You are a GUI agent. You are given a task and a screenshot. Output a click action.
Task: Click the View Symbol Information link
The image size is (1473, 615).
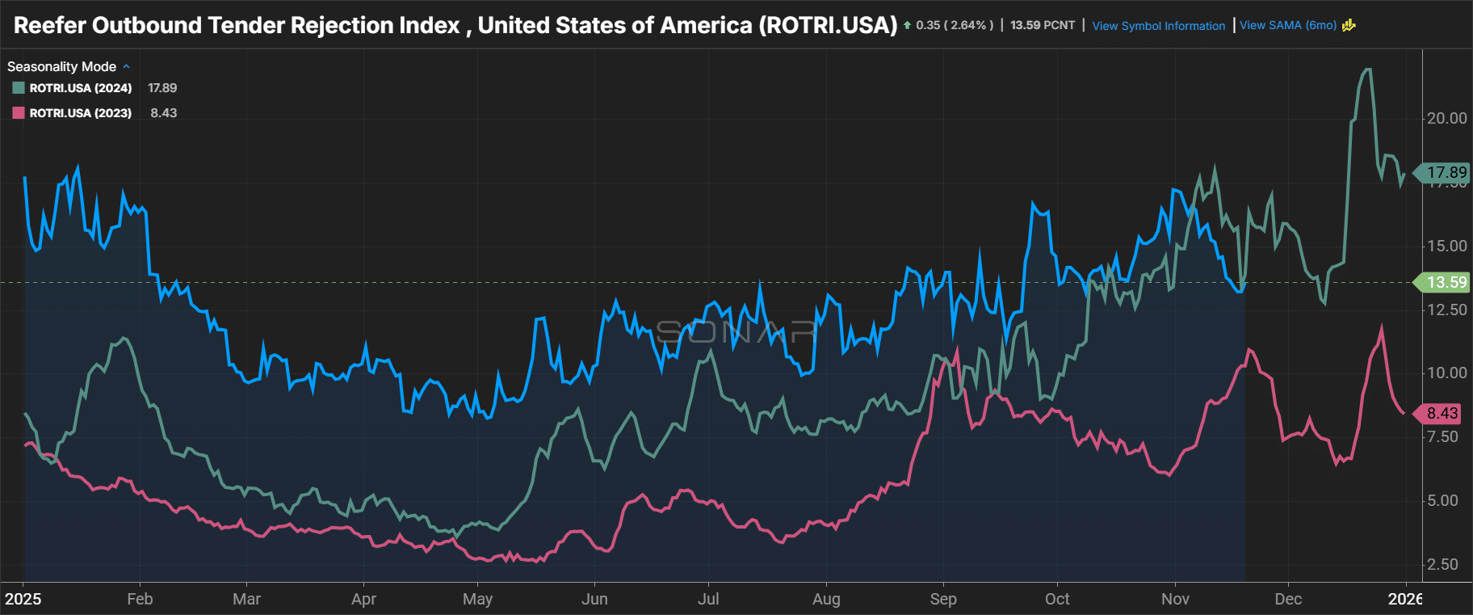click(x=1158, y=26)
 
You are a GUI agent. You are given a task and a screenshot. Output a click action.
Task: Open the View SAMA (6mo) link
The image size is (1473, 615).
click(x=1288, y=25)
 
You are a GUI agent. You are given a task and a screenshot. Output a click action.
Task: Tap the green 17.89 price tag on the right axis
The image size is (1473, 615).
click(x=1445, y=172)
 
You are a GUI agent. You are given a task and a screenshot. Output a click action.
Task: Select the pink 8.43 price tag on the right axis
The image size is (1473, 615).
click(x=1442, y=414)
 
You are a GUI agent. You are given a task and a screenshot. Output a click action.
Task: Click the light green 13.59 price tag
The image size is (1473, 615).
click(x=1445, y=282)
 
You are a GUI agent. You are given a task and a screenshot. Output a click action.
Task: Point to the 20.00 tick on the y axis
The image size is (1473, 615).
click(x=1446, y=118)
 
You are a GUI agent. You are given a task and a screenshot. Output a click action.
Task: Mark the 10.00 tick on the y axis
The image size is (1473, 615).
click(x=1446, y=373)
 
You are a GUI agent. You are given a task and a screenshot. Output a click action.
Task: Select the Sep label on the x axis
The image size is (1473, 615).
click(x=943, y=599)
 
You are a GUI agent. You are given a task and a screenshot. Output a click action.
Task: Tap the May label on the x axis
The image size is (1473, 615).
click(x=477, y=599)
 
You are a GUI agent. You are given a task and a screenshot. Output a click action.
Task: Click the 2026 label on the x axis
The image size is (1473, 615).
click(x=1405, y=599)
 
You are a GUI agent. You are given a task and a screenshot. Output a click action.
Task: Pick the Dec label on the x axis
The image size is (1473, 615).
click(x=1288, y=599)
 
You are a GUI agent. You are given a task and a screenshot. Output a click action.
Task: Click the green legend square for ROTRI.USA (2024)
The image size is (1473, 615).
click(x=19, y=88)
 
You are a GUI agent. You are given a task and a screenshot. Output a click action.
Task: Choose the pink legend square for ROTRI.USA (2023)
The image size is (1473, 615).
click(x=19, y=113)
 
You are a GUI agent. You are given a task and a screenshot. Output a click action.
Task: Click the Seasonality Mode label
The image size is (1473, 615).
click(x=61, y=66)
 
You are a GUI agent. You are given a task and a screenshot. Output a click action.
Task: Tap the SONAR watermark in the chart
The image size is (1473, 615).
click(x=736, y=331)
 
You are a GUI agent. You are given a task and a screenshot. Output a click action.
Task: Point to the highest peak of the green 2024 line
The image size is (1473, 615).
click(x=1366, y=70)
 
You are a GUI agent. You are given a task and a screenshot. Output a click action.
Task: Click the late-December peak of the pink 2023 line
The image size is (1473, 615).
click(x=1381, y=327)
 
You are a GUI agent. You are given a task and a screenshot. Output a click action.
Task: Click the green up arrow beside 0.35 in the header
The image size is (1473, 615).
click(x=908, y=26)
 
